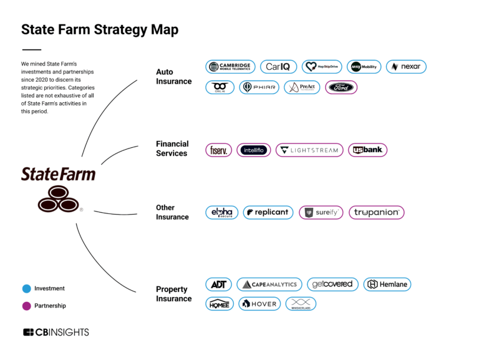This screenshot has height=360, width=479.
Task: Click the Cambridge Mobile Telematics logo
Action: click(230, 67)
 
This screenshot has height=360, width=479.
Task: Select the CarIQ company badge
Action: click(278, 67)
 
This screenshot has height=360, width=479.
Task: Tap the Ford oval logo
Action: click(341, 87)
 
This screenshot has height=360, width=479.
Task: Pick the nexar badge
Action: click(406, 67)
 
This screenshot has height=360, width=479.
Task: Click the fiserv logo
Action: click(218, 150)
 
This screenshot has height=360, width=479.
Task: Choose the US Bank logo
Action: click(368, 150)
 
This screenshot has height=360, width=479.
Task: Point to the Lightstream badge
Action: click(309, 150)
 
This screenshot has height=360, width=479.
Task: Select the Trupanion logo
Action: click(377, 212)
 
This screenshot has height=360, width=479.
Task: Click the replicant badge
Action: click(268, 212)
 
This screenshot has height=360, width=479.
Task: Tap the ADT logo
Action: click(218, 285)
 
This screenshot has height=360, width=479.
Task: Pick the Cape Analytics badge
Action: click(269, 285)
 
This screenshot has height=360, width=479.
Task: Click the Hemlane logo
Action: click(387, 285)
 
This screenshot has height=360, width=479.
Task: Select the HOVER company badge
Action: click(259, 304)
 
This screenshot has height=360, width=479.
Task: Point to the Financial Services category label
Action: click(172, 148)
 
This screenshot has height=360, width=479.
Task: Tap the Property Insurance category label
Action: click(174, 294)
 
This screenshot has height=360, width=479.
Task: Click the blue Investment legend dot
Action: click(26, 289)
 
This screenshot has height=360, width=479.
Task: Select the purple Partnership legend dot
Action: click(26, 306)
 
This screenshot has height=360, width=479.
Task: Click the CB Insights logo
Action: click(56, 332)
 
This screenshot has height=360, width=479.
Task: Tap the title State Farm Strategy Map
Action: click(100, 29)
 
